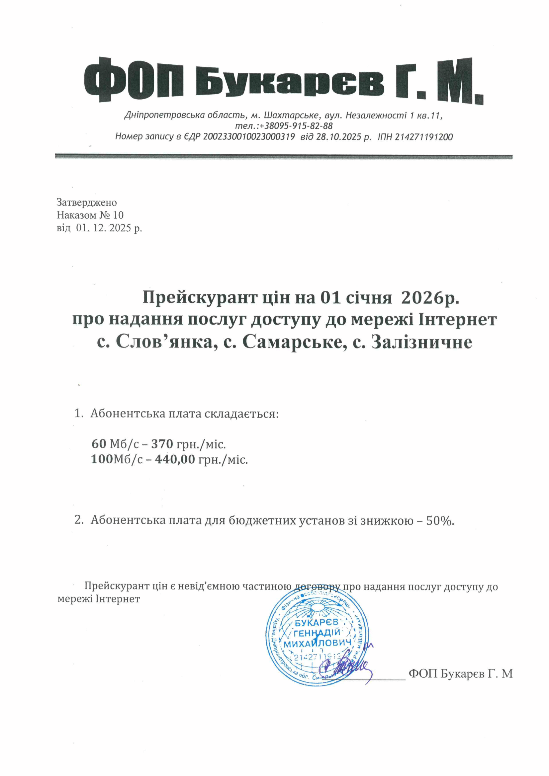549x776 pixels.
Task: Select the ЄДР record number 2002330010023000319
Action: (x=250, y=137)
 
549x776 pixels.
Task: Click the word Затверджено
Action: (x=87, y=202)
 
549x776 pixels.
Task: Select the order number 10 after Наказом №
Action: (x=118, y=215)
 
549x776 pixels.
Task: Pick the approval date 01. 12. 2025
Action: (x=103, y=228)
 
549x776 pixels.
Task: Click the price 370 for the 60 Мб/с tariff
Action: (x=162, y=444)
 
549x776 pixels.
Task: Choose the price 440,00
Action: (x=175, y=459)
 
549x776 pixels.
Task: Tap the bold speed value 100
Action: (x=101, y=459)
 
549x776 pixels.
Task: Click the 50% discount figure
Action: (x=439, y=520)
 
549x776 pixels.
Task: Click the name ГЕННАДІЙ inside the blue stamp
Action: (x=317, y=633)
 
